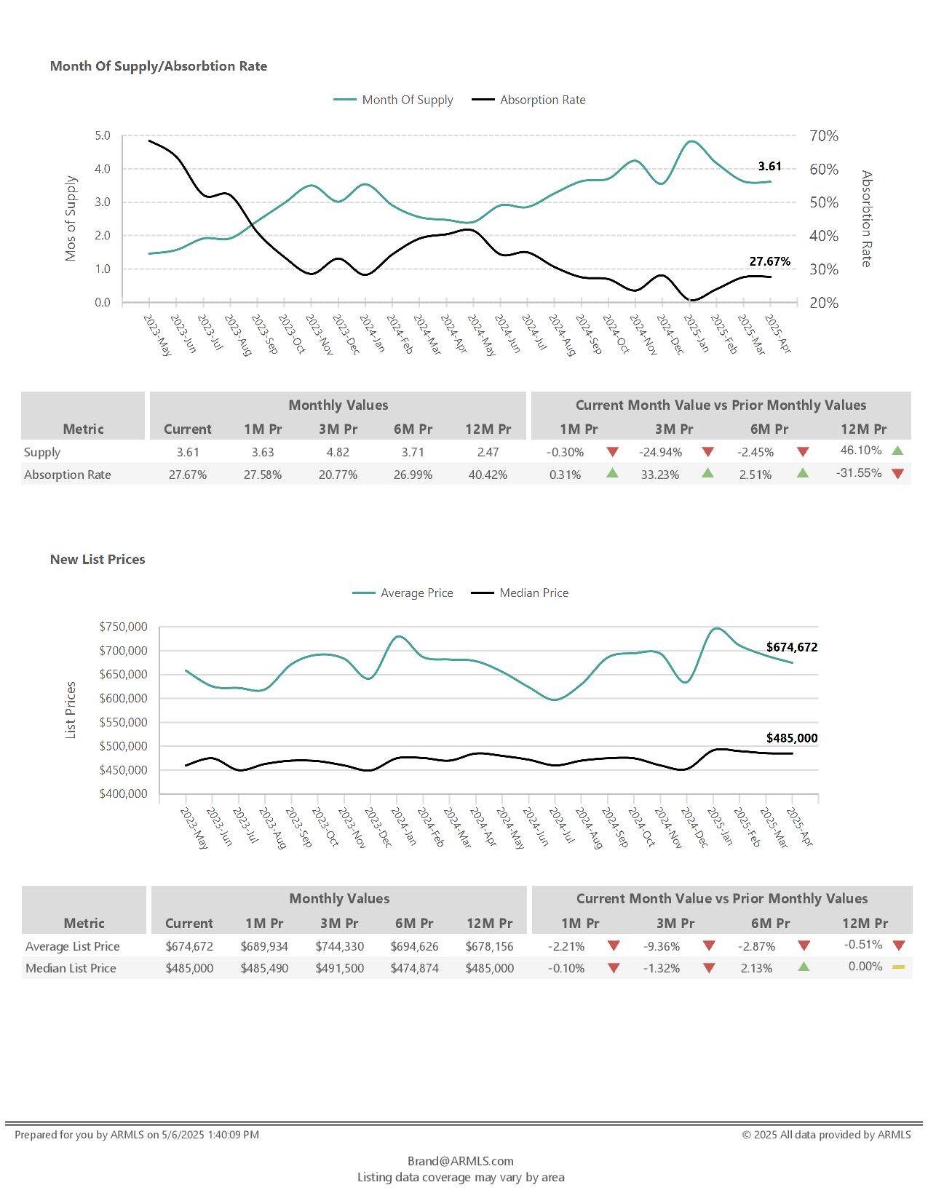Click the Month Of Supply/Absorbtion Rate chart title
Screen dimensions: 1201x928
coord(158,66)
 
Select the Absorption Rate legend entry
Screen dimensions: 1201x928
coord(542,100)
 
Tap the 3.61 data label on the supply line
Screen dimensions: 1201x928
coord(769,167)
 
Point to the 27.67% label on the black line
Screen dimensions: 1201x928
coord(769,261)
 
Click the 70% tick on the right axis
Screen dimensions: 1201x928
coord(824,136)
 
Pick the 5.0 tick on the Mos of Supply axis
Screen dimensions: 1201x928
coord(103,136)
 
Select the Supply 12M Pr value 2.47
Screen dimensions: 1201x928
coord(488,452)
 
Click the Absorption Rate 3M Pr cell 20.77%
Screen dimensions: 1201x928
coord(338,475)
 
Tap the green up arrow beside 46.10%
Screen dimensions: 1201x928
coord(897,451)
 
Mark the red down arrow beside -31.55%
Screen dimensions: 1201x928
coord(897,474)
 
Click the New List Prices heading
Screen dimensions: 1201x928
coord(98,560)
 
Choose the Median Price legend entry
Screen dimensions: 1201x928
coord(533,593)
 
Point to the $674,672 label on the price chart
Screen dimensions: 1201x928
coord(791,647)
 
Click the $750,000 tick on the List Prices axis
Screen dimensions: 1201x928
coord(123,627)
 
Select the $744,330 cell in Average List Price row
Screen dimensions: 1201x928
coord(339,946)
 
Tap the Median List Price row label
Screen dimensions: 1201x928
coord(71,968)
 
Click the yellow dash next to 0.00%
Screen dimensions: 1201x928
coord(898,967)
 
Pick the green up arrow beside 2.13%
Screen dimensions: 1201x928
coord(804,967)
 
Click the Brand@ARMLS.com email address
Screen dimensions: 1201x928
coord(460,1161)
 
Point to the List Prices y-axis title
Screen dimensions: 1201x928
coord(71,710)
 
